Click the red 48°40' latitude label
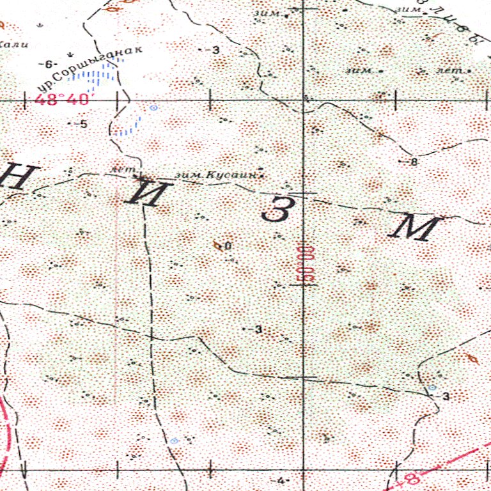coord(63,100)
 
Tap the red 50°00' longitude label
coord(307,262)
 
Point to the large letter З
coord(275,210)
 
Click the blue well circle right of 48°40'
coord(153,108)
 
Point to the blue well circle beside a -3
coord(432,388)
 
